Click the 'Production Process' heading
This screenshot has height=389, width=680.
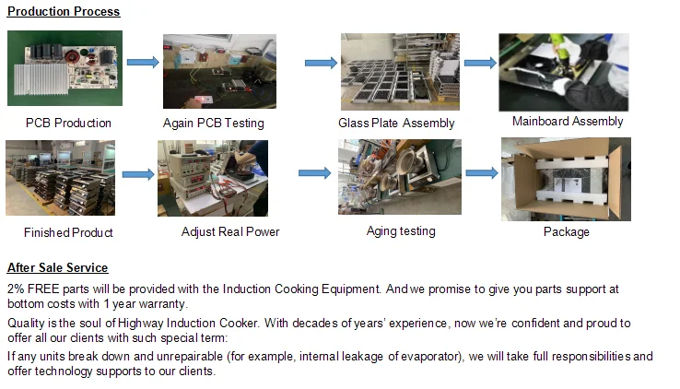click(64, 12)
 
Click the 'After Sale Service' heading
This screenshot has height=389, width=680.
click(57, 268)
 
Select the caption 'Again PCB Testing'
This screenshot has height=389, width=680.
click(213, 124)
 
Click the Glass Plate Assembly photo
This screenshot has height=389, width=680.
click(394, 72)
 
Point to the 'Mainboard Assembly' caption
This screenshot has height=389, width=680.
click(568, 122)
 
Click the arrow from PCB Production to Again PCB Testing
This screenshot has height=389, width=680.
click(142, 62)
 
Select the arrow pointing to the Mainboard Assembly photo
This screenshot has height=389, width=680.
click(479, 62)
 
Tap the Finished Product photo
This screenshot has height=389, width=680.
click(60, 178)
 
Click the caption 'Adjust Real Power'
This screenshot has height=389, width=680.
click(230, 232)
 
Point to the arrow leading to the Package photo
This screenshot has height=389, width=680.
click(481, 172)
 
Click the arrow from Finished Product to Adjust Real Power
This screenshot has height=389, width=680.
click(138, 173)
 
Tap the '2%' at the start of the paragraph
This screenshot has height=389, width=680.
click(16, 289)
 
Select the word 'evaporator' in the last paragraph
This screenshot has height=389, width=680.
click(486, 356)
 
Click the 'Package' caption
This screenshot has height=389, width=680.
click(566, 232)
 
